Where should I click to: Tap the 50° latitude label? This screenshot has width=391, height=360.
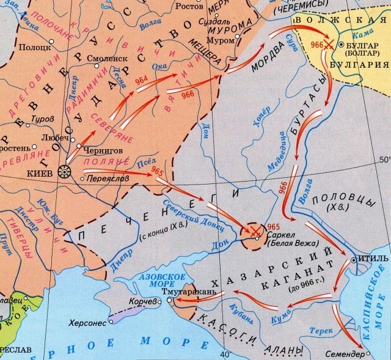(x=384, y=160)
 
